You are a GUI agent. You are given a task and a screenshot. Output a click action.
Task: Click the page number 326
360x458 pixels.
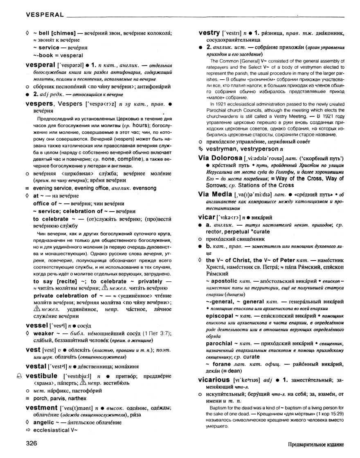click(x=32, y=443)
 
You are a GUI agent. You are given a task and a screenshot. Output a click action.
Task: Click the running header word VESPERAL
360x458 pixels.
click(x=44, y=15)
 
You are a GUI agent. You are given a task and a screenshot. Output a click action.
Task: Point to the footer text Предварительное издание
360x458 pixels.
click(x=315, y=444)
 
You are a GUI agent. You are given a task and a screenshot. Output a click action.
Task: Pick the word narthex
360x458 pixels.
click(x=77, y=398)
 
